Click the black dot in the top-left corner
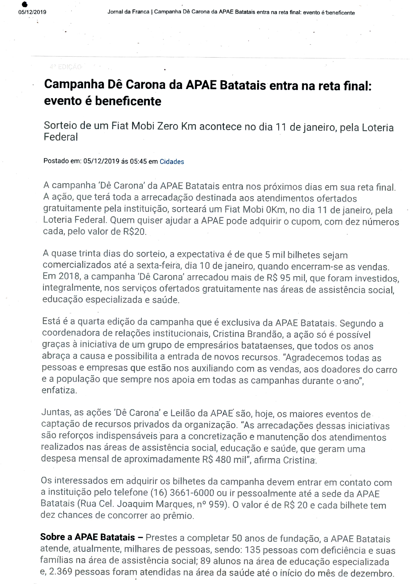[25, 4]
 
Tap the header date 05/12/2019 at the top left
[32, 12]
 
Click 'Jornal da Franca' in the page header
[128, 12]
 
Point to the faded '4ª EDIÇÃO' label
[66, 67]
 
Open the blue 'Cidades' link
[172, 162]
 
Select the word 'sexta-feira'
[159, 266]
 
